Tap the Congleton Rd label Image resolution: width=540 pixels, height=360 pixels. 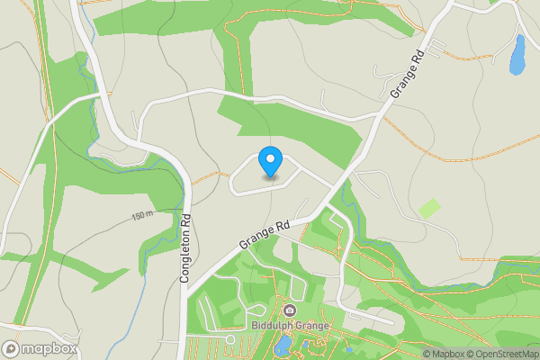pyautogui.click(x=186, y=247)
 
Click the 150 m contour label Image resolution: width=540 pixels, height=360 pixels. pyautogui.click(x=142, y=216)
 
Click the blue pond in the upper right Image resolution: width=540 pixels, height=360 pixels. pyautogui.click(x=517, y=55)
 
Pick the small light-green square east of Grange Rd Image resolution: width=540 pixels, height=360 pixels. pyautogui.click(x=430, y=208)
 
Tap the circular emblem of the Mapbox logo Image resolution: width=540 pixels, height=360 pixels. pyautogui.click(x=12, y=349)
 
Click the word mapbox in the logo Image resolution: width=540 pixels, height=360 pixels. pyautogui.click(x=50, y=349)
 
